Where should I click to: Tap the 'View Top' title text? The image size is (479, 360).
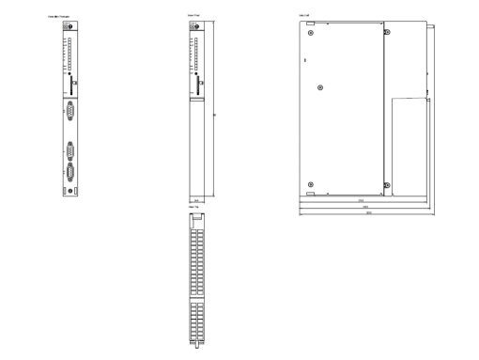click(x=193, y=207)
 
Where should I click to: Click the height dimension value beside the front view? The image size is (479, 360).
click(x=216, y=116)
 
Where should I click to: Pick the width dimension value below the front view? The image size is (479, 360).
click(x=196, y=200)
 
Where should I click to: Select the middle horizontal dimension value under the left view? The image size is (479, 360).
click(x=364, y=206)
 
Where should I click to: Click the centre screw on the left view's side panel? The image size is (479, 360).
click(x=322, y=87)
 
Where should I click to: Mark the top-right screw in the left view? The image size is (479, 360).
click(x=385, y=30)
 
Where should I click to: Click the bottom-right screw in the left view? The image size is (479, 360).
click(x=385, y=185)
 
